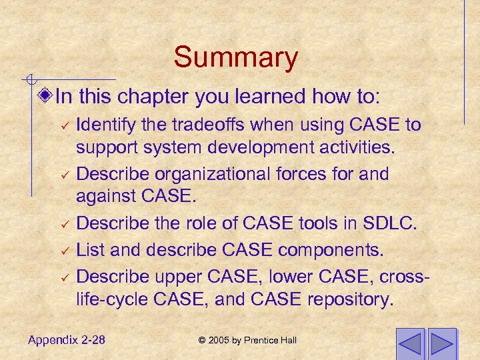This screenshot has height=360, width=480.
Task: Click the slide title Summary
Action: pyautogui.click(x=235, y=57)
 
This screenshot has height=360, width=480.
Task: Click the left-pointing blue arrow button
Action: pyautogui.click(x=410, y=343)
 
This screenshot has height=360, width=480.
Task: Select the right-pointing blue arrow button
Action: pyautogui.click(x=441, y=343)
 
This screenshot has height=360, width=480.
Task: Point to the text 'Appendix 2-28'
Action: pyautogui.click(x=67, y=341)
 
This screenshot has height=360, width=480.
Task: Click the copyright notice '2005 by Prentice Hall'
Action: pyautogui.click(x=247, y=341)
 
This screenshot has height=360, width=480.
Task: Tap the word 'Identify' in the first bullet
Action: pyautogui.click(x=105, y=125)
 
